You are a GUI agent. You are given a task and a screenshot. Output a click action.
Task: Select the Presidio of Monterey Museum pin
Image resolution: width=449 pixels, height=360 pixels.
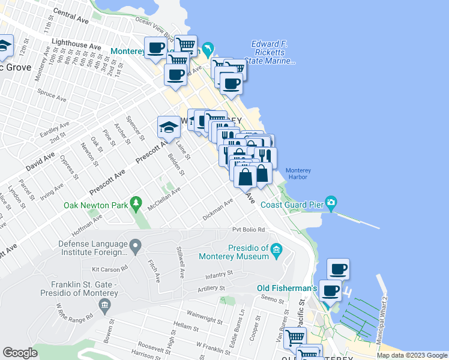276,249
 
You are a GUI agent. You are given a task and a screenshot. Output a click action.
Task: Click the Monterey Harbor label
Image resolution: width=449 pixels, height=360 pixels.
297,173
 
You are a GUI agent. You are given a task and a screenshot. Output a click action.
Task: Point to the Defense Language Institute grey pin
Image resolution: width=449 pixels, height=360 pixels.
136,245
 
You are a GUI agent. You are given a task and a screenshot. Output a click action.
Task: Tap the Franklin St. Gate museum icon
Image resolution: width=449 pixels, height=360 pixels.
104,307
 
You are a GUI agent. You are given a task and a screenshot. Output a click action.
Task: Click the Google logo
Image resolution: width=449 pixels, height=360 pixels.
20,353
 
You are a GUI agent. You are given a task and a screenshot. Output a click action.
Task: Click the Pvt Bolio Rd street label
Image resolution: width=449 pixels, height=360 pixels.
249,230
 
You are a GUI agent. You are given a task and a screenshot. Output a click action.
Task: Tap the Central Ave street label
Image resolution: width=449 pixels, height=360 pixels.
71,16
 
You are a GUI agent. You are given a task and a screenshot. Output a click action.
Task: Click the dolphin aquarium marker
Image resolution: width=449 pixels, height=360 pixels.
208,49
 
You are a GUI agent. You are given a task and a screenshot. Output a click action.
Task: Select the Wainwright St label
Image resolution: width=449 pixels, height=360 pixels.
205,313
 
